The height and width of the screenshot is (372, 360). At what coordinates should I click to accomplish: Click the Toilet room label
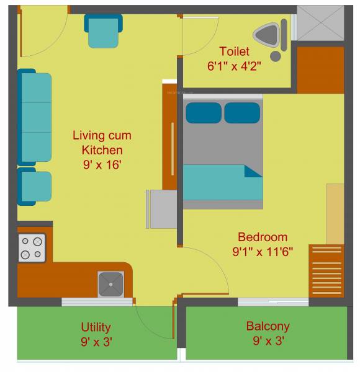pyautogui.click(x=234, y=51)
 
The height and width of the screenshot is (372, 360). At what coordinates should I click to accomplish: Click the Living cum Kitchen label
pyautogui.click(x=102, y=143)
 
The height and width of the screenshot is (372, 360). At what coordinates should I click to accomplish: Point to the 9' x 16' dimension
pyautogui.click(x=102, y=164)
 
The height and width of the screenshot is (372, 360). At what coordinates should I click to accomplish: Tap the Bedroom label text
pyautogui.click(x=263, y=237)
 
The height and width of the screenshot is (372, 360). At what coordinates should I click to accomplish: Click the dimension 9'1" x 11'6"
pyautogui.click(x=263, y=251)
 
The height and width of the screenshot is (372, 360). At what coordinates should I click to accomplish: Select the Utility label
pyautogui.click(x=96, y=327)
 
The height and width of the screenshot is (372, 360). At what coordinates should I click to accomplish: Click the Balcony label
pyautogui.click(x=268, y=326)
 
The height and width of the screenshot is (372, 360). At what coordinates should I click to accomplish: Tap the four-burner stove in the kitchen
pyautogui.click(x=32, y=248)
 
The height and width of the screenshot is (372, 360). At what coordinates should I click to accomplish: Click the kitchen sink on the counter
pyautogui.click(x=111, y=284)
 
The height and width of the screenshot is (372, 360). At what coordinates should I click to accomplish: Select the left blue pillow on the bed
pyautogui.click(x=204, y=113)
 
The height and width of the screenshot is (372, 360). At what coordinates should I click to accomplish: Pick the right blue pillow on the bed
pyautogui.click(x=242, y=113)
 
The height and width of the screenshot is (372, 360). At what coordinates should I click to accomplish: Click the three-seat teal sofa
pyautogui.click(x=35, y=117)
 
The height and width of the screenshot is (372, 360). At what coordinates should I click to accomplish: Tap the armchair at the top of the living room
pyautogui.click(x=103, y=31)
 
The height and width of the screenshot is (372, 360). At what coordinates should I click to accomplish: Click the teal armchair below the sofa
pyautogui.click(x=34, y=186)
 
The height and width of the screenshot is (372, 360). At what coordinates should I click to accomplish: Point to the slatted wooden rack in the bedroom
pyautogui.click(x=326, y=270)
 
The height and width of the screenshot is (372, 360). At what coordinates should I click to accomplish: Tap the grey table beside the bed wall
pyautogui.click(x=163, y=209)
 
